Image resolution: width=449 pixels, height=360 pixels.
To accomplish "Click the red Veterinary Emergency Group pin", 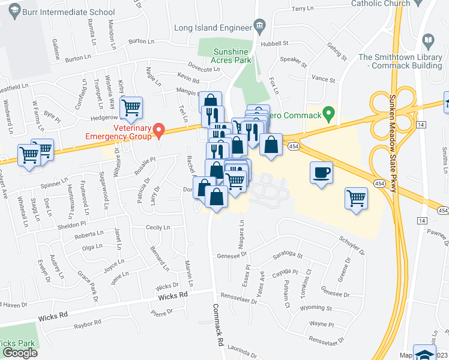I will [x=158, y=129].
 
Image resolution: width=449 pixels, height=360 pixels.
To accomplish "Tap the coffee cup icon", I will [x=321, y=173].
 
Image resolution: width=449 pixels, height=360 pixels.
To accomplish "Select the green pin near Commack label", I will [x=328, y=112].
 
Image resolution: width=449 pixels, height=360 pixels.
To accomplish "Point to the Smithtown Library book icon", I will [x=428, y=41].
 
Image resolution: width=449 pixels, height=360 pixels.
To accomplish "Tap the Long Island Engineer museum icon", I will [x=259, y=25].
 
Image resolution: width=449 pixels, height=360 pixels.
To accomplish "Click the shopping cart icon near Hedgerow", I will [x=131, y=108].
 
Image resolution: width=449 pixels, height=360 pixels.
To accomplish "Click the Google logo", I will [x=19, y=352].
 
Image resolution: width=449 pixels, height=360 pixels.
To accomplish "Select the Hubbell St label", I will [x=274, y=44].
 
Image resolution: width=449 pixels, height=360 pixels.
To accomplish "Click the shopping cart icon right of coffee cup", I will [x=356, y=197].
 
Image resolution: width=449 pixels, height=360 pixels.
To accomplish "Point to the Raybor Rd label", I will [x=88, y=325].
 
